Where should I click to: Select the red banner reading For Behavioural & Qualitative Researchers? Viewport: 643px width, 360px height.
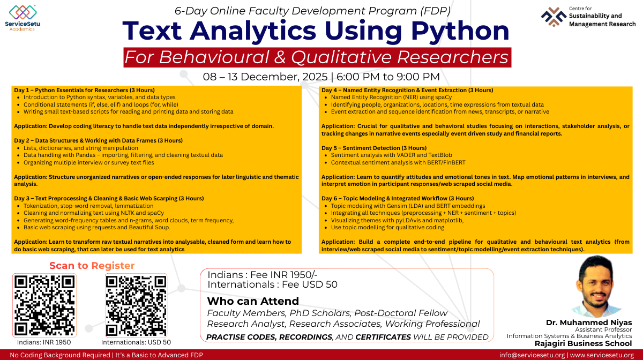[x=317, y=57]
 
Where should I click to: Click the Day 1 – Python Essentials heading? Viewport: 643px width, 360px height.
[x=78, y=90]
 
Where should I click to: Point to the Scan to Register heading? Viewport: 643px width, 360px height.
[x=92, y=266]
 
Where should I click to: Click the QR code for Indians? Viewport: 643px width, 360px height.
[x=44, y=305]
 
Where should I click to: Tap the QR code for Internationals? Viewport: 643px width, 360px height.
[x=136, y=305]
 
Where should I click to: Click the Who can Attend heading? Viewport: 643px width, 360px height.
[x=253, y=301]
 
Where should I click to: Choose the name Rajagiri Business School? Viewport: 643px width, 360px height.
[x=583, y=343]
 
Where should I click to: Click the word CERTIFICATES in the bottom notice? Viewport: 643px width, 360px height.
[x=383, y=337]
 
